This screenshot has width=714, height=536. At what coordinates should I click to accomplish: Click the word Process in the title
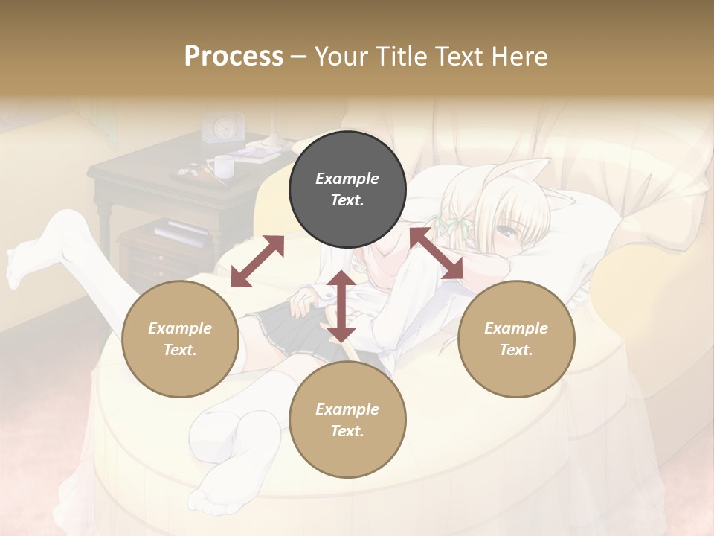[x=234, y=57]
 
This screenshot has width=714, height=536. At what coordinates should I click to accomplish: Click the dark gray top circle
[x=347, y=190]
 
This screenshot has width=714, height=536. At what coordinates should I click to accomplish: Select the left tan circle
[x=180, y=339]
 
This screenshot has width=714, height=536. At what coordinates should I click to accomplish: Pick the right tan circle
[x=516, y=339]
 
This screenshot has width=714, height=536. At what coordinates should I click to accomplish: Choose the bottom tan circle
[x=347, y=420]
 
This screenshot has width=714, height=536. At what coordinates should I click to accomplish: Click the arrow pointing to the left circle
[x=257, y=261]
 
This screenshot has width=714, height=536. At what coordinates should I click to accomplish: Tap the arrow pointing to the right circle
[x=436, y=253]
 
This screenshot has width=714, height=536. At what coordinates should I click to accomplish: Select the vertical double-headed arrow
[x=341, y=305]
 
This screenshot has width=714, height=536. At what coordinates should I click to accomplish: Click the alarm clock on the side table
[x=223, y=128]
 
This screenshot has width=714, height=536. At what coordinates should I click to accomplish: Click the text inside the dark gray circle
[x=347, y=190]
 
